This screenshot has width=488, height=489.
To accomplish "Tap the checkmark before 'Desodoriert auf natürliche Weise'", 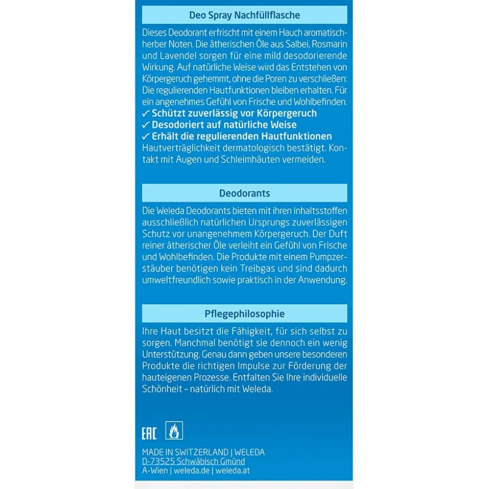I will [146, 125].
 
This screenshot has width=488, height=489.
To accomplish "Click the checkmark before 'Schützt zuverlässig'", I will [146, 113].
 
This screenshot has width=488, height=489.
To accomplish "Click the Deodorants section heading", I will [245, 193].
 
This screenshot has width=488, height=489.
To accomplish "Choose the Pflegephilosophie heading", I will [245, 314].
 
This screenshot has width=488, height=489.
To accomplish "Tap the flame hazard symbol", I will [174, 431].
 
